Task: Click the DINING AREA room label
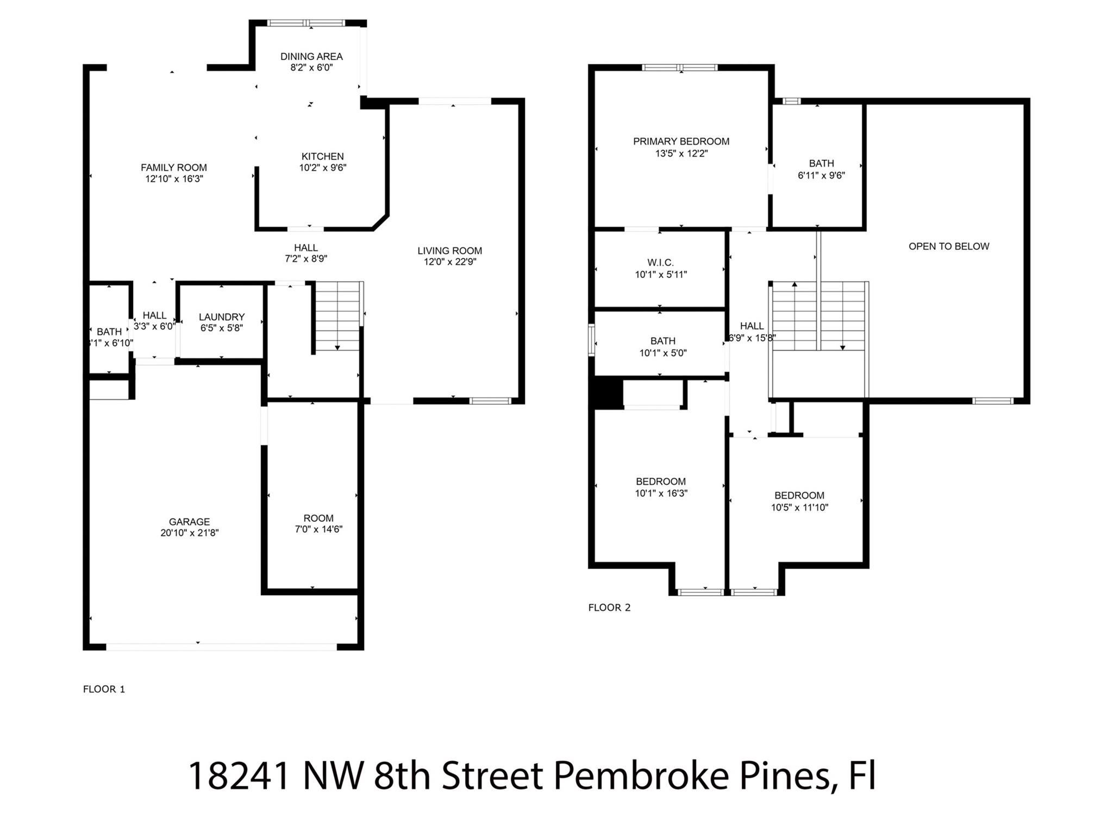[311, 57]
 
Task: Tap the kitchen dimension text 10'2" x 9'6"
[322, 168]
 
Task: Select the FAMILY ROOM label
[174, 167]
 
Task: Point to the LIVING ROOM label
[449, 251]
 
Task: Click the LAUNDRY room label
[222, 317]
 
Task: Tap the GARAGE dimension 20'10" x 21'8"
[189, 533]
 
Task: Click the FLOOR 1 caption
[104, 689]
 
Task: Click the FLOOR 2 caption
[609, 608]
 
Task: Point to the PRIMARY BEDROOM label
[681, 141]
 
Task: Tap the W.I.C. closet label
[661, 263]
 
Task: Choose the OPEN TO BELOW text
[949, 246]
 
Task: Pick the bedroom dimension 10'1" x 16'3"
[661, 494]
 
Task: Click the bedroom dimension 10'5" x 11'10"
[799, 508]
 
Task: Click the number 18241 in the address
[239, 776]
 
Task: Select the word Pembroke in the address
[641, 776]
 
